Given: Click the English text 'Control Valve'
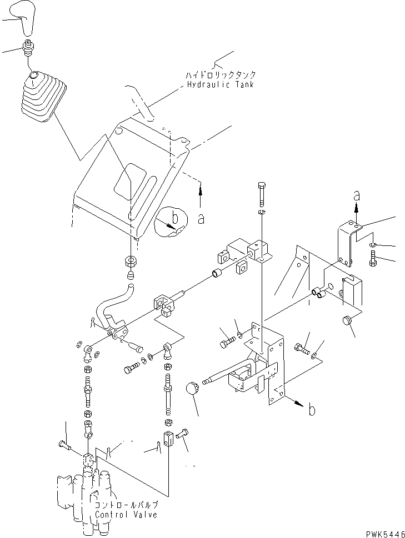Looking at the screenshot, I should coord(126,514).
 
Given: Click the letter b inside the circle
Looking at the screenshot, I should coord(174,220).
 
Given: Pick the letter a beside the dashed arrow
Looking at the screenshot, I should coord(201,219).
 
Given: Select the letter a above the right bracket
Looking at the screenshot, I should coord(357,196).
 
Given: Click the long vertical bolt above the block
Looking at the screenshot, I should coord(262,194).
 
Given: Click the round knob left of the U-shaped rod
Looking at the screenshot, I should coord(192,388).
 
